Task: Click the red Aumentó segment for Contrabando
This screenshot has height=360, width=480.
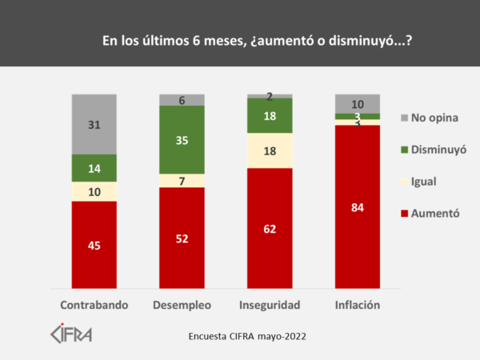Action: [94, 244]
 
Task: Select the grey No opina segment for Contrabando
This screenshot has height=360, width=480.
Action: [94, 124]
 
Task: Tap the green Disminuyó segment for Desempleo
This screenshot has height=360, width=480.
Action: [182, 139]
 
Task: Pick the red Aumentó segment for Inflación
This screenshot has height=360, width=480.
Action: [358, 206]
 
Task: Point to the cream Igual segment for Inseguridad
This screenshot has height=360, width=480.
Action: [270, 150]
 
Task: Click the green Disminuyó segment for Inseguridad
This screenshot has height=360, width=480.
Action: [270, 115]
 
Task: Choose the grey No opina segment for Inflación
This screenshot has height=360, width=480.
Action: [358, 103]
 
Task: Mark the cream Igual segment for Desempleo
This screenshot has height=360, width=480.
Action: [182, 180]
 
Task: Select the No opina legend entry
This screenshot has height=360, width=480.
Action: [433, 118]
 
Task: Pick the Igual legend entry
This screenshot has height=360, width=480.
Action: [424, 182]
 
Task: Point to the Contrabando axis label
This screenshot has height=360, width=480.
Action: [94, 306]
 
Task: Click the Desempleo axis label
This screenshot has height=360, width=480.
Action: [182, 306]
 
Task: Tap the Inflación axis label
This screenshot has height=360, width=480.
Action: [358, 306]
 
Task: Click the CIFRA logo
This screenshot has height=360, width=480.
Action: [71, 332]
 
